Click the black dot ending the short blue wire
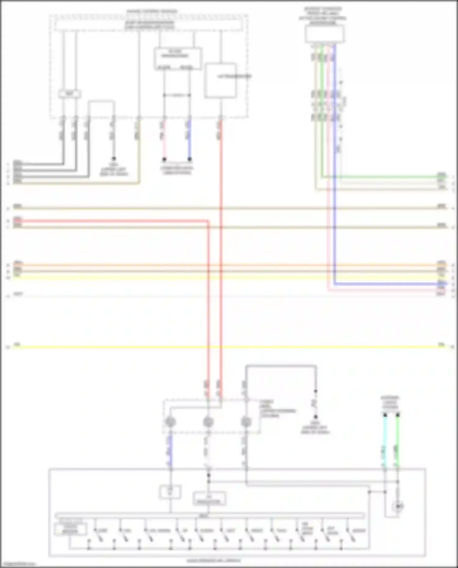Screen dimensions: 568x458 tap(189, 159)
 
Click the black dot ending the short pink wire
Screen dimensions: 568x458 tap(164, 159)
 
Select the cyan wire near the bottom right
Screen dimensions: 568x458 tap(385, 440)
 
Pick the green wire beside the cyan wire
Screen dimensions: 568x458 tap(398, 440)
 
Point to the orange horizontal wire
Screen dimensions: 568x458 tap(226, 265)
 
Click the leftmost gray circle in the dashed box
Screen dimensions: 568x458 tap(170, 422)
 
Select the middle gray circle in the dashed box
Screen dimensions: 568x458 tap(208, 422)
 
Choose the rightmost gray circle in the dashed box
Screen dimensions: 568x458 tap(246, 422)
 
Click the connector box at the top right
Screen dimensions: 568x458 tap(324, 34)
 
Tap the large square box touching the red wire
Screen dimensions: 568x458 tap(221, 81)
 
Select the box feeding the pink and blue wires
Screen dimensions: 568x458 tap(178, 58)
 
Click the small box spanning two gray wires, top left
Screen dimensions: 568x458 tap(70, 94)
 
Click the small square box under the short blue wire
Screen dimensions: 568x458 tap(170, 492)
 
